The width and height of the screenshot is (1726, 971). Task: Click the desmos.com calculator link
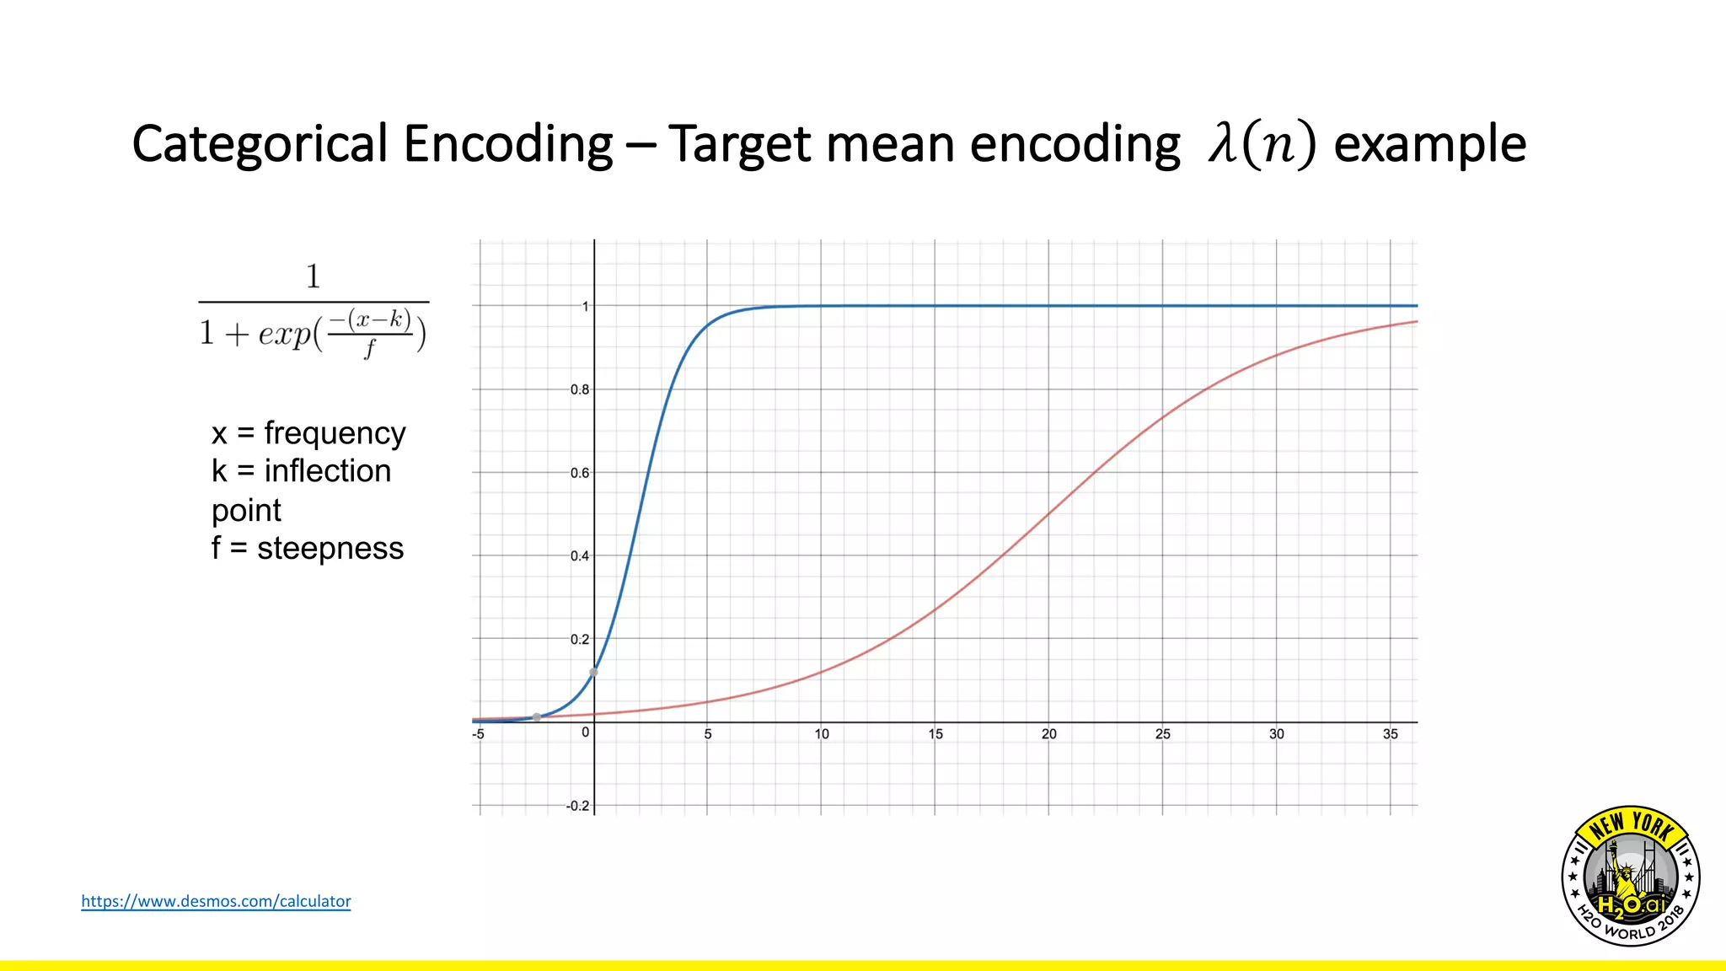pyautogui.click(x=216, y=901)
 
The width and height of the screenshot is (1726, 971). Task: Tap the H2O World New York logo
pyautogui.click(x=1630, y=876)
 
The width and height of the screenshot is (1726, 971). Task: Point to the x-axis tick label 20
pyautogui.click(x=1048, y=734)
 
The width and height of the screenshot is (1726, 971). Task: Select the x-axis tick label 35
pyautogui.click(x=1390, y=734)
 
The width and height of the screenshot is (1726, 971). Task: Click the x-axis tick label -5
pyautogui.click(x=478, y=734)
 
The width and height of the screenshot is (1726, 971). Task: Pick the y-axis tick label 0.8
pyautogui.click(x=580, y=389)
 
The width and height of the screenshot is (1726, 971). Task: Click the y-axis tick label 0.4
pyautogui.click(x=580, y=556)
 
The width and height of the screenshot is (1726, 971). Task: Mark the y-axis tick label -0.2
pyautogui.click(x=578, y=806)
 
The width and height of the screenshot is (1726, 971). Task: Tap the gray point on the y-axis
pyautogui.click(x=594, y=672)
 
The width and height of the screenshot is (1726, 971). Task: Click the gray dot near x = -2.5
pyautogui.click(x=537, y=717)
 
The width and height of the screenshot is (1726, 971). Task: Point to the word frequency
pyautogui.click(x=335, y=433)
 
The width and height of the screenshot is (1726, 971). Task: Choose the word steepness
pyautogui.click(x=330, y=549)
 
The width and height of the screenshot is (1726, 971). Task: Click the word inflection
pyautogui.click(x=327, y=471)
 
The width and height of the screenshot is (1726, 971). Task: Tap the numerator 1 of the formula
pyautogui.click(x=313, y=276)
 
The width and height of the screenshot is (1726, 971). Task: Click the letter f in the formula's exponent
pyautogui.click(x=369, y=347)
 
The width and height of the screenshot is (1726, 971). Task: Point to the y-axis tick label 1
pyautogui.click(x=586, y=307)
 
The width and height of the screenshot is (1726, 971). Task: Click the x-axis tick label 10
pyautogui.click(x=821, y=734)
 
